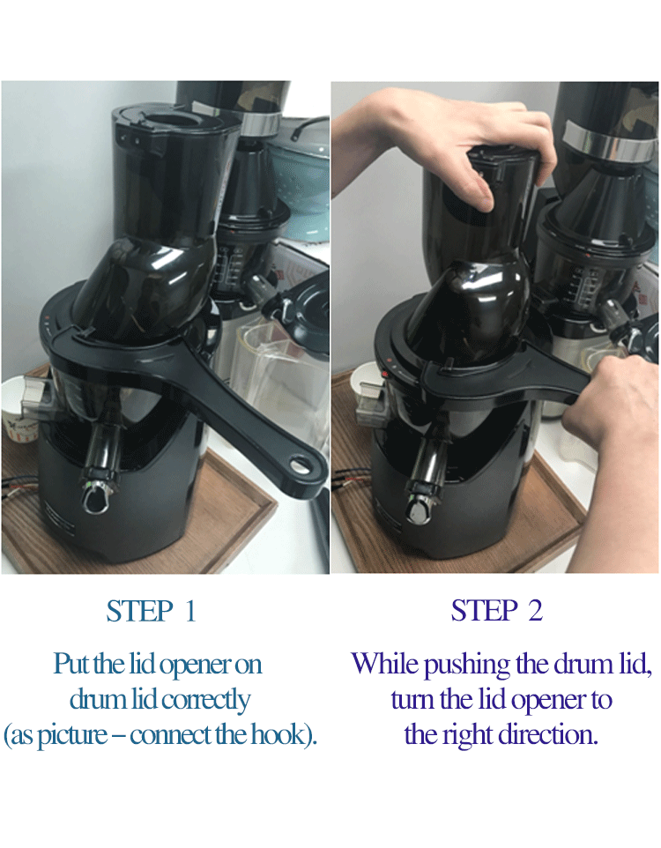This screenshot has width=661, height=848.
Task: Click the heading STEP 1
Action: (x=151, y=611)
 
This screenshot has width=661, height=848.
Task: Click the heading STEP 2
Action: (x=496, y=611)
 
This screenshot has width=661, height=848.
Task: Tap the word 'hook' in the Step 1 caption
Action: (x=278, y=734)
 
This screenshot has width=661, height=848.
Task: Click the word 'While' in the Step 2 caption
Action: (x=384, y=663)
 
